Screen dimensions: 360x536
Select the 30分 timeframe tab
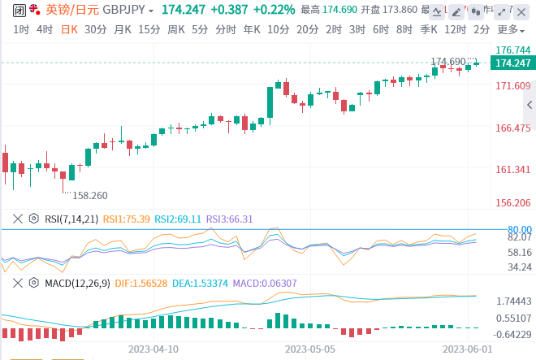[95, 29]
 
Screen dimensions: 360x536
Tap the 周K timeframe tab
[176, 29]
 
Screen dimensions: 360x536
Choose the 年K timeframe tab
[251, 29]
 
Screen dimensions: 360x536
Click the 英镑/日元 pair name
[72, 10]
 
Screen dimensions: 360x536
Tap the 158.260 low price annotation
[90, 196]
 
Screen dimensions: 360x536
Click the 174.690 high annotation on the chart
[447, 62]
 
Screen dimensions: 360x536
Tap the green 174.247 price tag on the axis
[512, 63]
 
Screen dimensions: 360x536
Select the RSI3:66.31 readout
[229, 219]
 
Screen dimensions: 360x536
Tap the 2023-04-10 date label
[153, 348]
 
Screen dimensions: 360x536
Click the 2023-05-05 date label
[309, 348]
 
